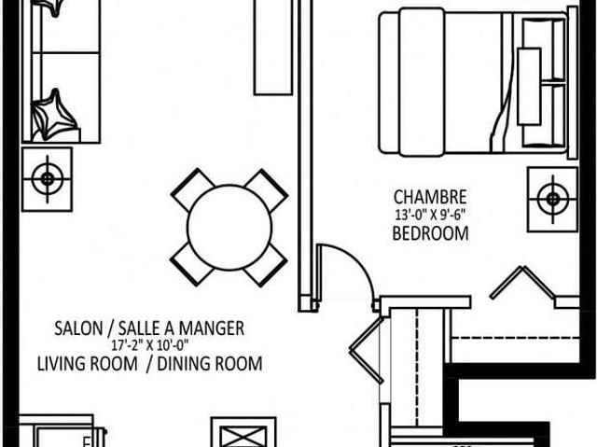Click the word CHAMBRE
pos(430,197)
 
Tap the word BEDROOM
pos(430,233)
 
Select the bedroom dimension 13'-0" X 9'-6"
pos(430,216)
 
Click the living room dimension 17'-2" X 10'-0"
pos(150,345)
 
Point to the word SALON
pos(78,328)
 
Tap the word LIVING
pos(62,364)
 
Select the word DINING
pos(181,364)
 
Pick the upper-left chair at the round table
pos(192,189)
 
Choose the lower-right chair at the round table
pos(265,265)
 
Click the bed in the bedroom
pos(474,83)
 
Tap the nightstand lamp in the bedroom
pos(552,199)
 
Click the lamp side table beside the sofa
pos(48,179)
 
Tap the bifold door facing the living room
pos(367,350)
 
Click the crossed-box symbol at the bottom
pos(243,432)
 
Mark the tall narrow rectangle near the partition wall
pos(273,48)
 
